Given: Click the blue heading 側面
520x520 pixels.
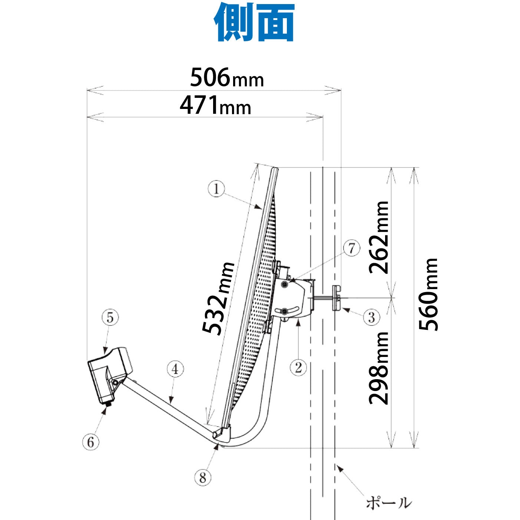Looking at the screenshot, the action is pyautogui.click(x=254, y=22).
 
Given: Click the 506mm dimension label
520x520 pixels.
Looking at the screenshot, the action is pyautogui.click(x=227, y=77).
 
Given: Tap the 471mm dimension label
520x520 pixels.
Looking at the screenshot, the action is pyautogui.click(x=215, y=105).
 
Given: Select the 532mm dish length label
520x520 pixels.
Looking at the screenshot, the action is pyautogui.click(x=218, y=298).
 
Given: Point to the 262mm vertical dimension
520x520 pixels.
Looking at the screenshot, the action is pyautogui.click(x=378, y=238).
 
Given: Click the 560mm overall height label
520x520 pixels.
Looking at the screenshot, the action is pyautogui.click(x=428, y=294).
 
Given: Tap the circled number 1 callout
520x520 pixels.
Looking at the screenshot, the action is pyautogui.click(x=216, y=189).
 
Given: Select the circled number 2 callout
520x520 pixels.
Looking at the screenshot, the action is pyautogui.click(x=298, y=367).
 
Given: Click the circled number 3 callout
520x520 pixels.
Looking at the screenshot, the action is pyautogui.click(x=372, y=317).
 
